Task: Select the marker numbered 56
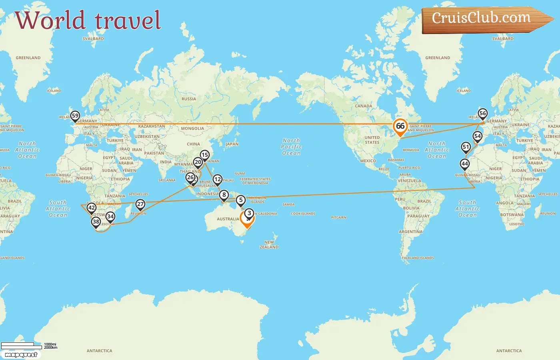483,114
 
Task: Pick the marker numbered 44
464,164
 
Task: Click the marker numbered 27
140,204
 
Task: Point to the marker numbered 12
217,179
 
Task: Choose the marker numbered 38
96,222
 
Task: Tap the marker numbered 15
204,155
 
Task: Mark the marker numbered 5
240,200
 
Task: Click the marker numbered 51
466,147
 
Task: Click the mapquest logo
21,355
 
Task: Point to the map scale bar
22,346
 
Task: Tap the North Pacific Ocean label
291,147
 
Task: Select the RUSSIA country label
189,99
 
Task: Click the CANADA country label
363,106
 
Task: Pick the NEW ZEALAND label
269,244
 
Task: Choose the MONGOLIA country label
192,128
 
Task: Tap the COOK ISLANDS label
303,214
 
